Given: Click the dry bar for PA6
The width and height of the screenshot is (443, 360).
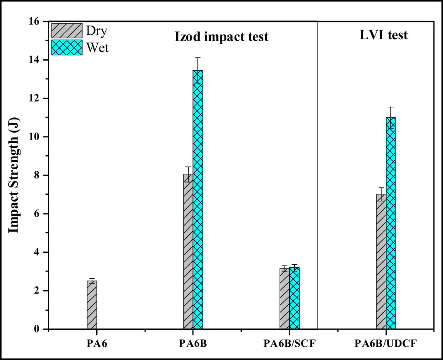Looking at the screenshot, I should pos(92,305).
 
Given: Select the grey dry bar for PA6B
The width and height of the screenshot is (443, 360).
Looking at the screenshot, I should pos(188,251).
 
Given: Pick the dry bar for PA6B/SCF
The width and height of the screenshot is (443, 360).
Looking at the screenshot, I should pos(285,298).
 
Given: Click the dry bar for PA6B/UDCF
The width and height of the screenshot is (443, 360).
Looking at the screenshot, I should pos(381,261).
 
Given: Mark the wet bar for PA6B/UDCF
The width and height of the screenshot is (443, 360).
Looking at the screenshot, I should pos(391,223).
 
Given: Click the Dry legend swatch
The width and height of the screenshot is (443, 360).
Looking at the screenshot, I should pos(67,31).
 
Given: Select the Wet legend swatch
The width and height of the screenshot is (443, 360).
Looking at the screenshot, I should pos(67,47).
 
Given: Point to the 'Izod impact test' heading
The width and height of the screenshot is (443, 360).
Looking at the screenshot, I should pos(222,37).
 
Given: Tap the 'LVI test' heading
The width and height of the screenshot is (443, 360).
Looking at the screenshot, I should pos(381,35).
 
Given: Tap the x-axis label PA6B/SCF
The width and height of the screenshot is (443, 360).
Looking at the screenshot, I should pos(289,343).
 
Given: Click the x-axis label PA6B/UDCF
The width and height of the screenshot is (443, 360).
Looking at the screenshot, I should pos(386,343).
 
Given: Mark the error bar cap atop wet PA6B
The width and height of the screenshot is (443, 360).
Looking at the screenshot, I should pos(198,57).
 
